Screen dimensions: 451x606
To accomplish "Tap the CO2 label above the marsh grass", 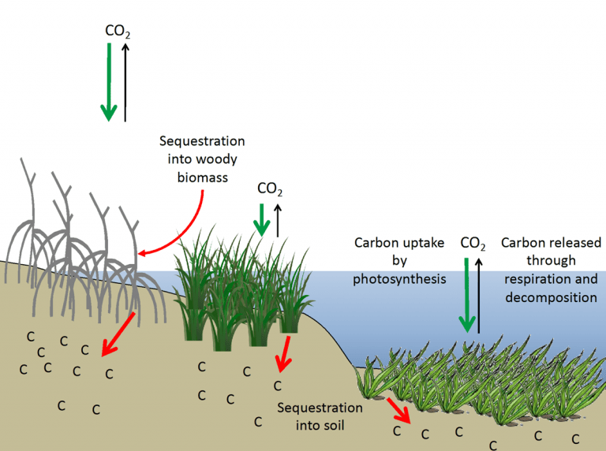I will [x=269, y=189].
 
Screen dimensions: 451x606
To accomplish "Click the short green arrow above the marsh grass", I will [x=260, y=219].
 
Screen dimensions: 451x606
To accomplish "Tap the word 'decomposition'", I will [x=549, y=297].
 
